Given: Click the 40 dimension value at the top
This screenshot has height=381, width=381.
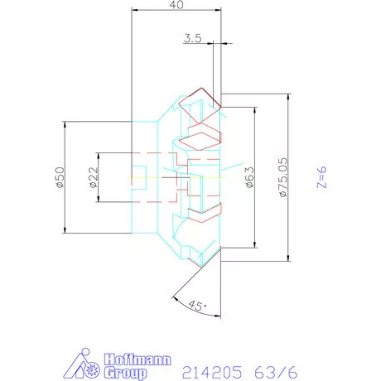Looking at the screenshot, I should coord(176,5).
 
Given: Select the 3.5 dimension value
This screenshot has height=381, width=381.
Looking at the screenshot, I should coord(192,37).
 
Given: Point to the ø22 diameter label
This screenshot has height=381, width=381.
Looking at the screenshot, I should coord(92,178).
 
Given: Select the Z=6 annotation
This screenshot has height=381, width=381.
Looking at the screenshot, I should coord(323,176).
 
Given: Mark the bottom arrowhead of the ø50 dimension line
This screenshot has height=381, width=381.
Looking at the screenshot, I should coord(65,229).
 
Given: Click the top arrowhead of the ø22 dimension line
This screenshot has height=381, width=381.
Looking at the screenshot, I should coord(98,156).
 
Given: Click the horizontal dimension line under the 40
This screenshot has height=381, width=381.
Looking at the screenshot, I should coord(176,11).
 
